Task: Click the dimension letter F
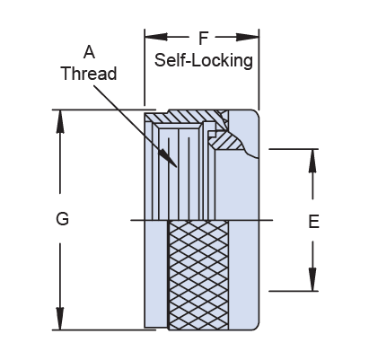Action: click(203, 38)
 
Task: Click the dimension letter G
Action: click(62, 218)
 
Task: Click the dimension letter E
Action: click(313, 222)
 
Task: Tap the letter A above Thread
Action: click(89, 52)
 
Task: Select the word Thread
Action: click(89, 74)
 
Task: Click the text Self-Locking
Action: click(204, 60)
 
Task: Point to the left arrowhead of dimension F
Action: click(156, 37)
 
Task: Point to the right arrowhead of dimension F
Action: click(248, 37)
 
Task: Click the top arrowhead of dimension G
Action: click(60, 121)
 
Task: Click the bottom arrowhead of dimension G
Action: click(60, 319)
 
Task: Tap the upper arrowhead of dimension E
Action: click(312, 161)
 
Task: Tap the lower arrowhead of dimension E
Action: click(312, 279)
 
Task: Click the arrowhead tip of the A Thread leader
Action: click(177, 167)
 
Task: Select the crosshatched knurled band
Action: click(198, 276)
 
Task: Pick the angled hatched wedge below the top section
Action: click(226, 141)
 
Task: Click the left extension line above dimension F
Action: click(145, 67)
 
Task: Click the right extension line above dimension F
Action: click(259, 70)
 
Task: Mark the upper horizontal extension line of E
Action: click(294, 149)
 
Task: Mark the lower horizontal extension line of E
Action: click(294, 291)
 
